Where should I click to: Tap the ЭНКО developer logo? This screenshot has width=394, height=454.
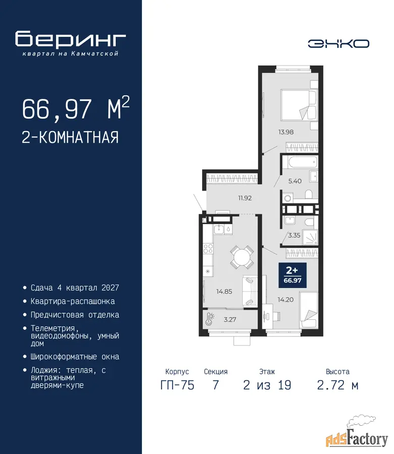click(x=338, y=44)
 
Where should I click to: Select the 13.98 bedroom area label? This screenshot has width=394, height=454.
click(x=286, y=132)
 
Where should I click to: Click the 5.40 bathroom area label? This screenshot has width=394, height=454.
click(x=295, y=181)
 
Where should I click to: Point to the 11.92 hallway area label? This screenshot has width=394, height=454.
click(x=245, y=198)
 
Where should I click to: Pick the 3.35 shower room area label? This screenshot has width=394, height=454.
click(x=294, y=236)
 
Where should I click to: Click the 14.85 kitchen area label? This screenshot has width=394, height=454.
click(x=224, y=292)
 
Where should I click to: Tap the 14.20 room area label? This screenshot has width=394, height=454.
click(x=285, y=300)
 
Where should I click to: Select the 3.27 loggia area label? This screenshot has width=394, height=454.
click(x=230, y=320)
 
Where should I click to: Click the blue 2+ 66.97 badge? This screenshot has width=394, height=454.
click(x=292, y=275)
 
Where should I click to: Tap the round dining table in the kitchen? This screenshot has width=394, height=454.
click(x=242, y=257)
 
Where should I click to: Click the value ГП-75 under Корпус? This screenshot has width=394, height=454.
click(x=177, y=385)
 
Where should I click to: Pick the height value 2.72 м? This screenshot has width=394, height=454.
click(x=338, y=385)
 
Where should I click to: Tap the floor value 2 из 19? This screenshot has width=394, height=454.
click(x=267, y=385)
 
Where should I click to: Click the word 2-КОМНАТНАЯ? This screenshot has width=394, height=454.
click(x=70, y=137)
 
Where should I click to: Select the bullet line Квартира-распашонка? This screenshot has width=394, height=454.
click(x=72, y=302)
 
